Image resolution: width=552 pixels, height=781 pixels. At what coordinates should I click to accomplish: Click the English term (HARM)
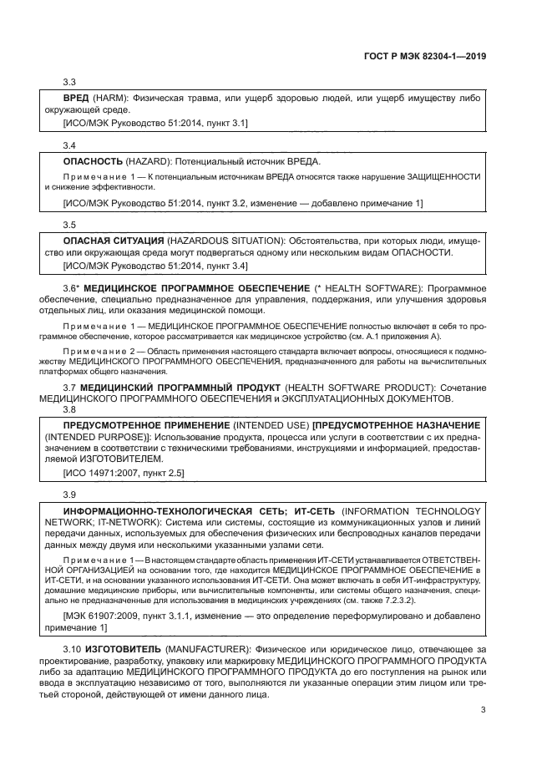coord(111,99)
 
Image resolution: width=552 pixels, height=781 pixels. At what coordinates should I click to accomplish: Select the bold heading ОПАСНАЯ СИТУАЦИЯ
coord(114,241)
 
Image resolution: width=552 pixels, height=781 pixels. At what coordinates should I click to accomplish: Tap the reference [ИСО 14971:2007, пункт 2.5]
coord(124,473)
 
